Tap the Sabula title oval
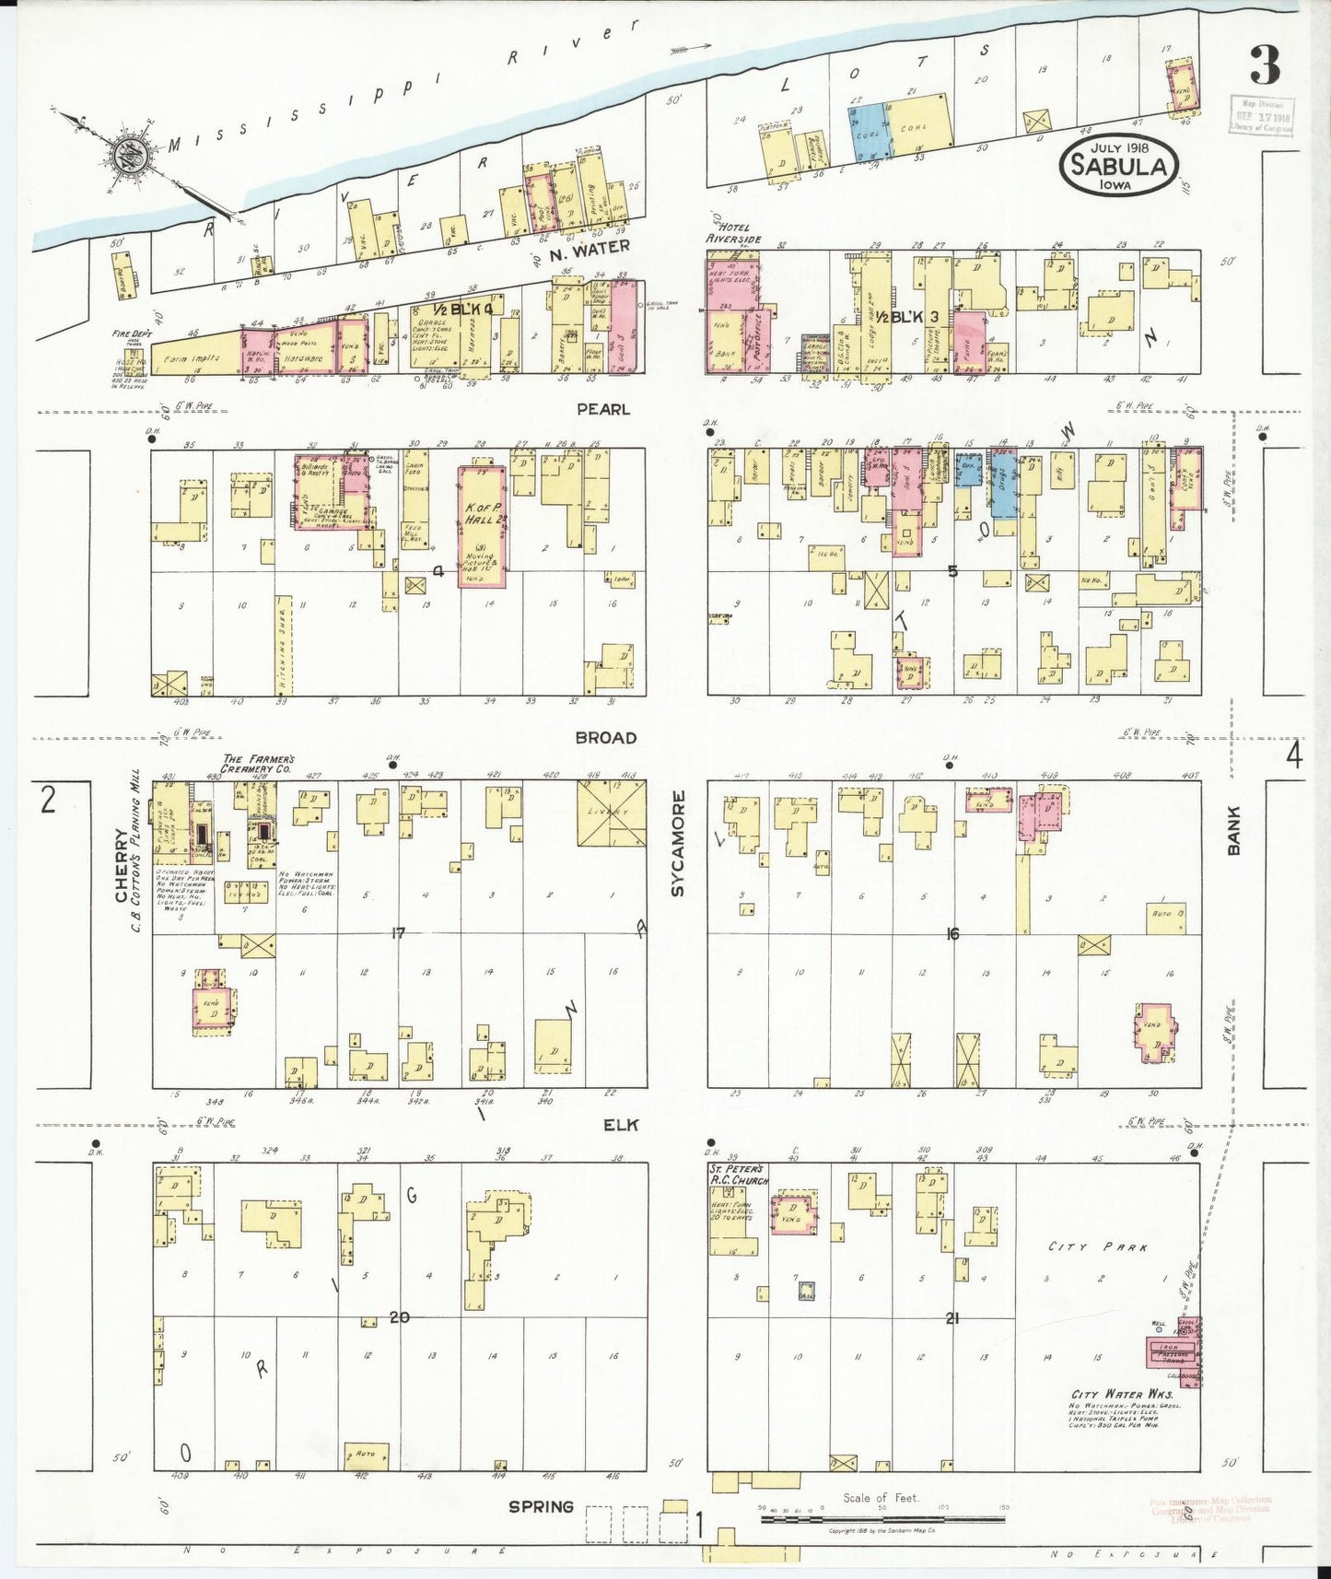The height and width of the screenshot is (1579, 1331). pyautogui.click(x=1119, y=166)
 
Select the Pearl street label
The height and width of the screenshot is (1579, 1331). pyautogui.click(x=603, y=408)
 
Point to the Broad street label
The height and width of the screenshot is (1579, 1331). pyautogui.click(x=605, y=738)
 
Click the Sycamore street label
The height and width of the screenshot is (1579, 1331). pyautogui.click(x=678, y=842)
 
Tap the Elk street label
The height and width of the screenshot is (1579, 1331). pyautogui.click(x=621, y=1125)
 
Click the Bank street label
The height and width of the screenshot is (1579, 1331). pyautogui.click(x=1233, y=830)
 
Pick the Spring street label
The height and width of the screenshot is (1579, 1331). pyautogui.click(x=541, y=1507)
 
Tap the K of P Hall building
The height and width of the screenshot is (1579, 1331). pyautogui.click(x=482, y=526)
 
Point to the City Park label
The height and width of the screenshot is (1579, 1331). pyautogui.click(x=1098, y=1247)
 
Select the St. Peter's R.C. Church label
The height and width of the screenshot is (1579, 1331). pyautogui.click(x=739, y=1174)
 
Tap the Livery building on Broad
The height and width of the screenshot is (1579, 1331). pyautogui.click(x=612, y=813)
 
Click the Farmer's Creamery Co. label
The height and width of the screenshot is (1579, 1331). pyautogui.click(x=256, y=763)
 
